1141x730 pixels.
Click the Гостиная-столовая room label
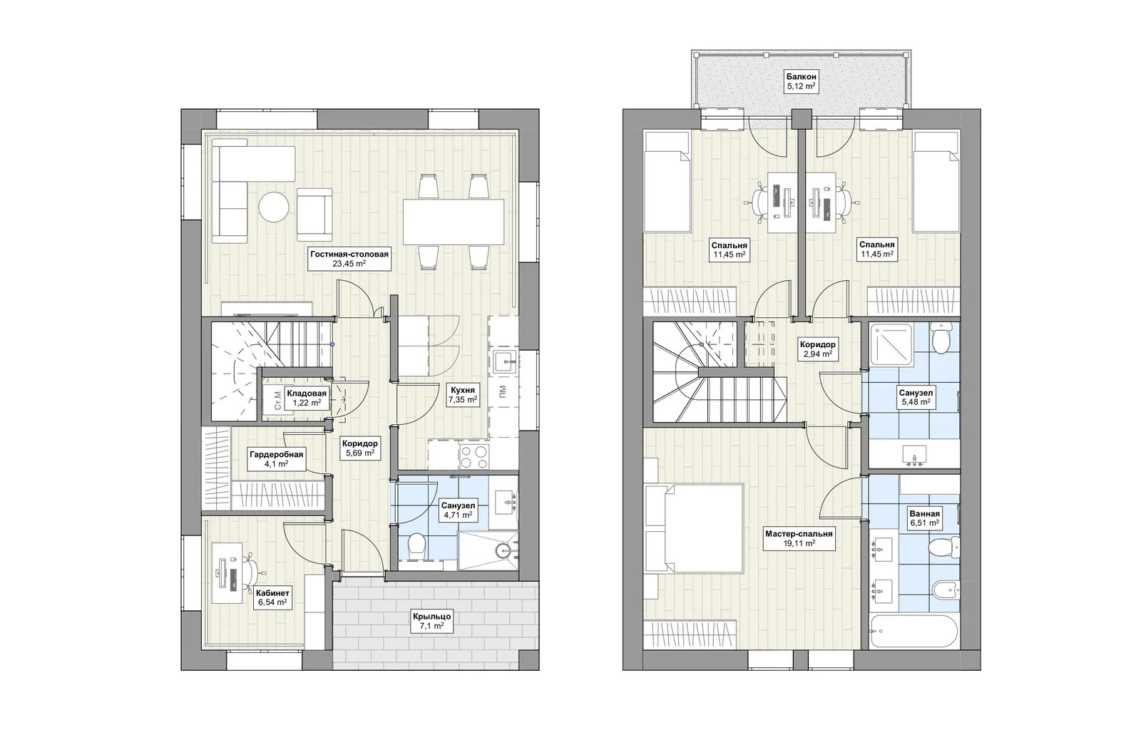349,259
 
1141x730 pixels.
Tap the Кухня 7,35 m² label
463,394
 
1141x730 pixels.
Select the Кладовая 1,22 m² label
307,398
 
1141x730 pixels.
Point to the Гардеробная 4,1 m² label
276,458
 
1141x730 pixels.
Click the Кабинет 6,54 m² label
272,597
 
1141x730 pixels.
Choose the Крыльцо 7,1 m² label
432,620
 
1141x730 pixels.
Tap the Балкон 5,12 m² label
802,81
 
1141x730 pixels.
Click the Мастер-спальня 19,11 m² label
799,539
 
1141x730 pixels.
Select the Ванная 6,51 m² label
925,518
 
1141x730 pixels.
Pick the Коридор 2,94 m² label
817,350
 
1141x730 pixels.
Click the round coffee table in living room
274,207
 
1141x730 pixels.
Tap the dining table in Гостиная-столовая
454,222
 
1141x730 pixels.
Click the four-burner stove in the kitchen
474,456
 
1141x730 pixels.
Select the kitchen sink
506,363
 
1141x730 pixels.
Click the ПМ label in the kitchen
503,391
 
